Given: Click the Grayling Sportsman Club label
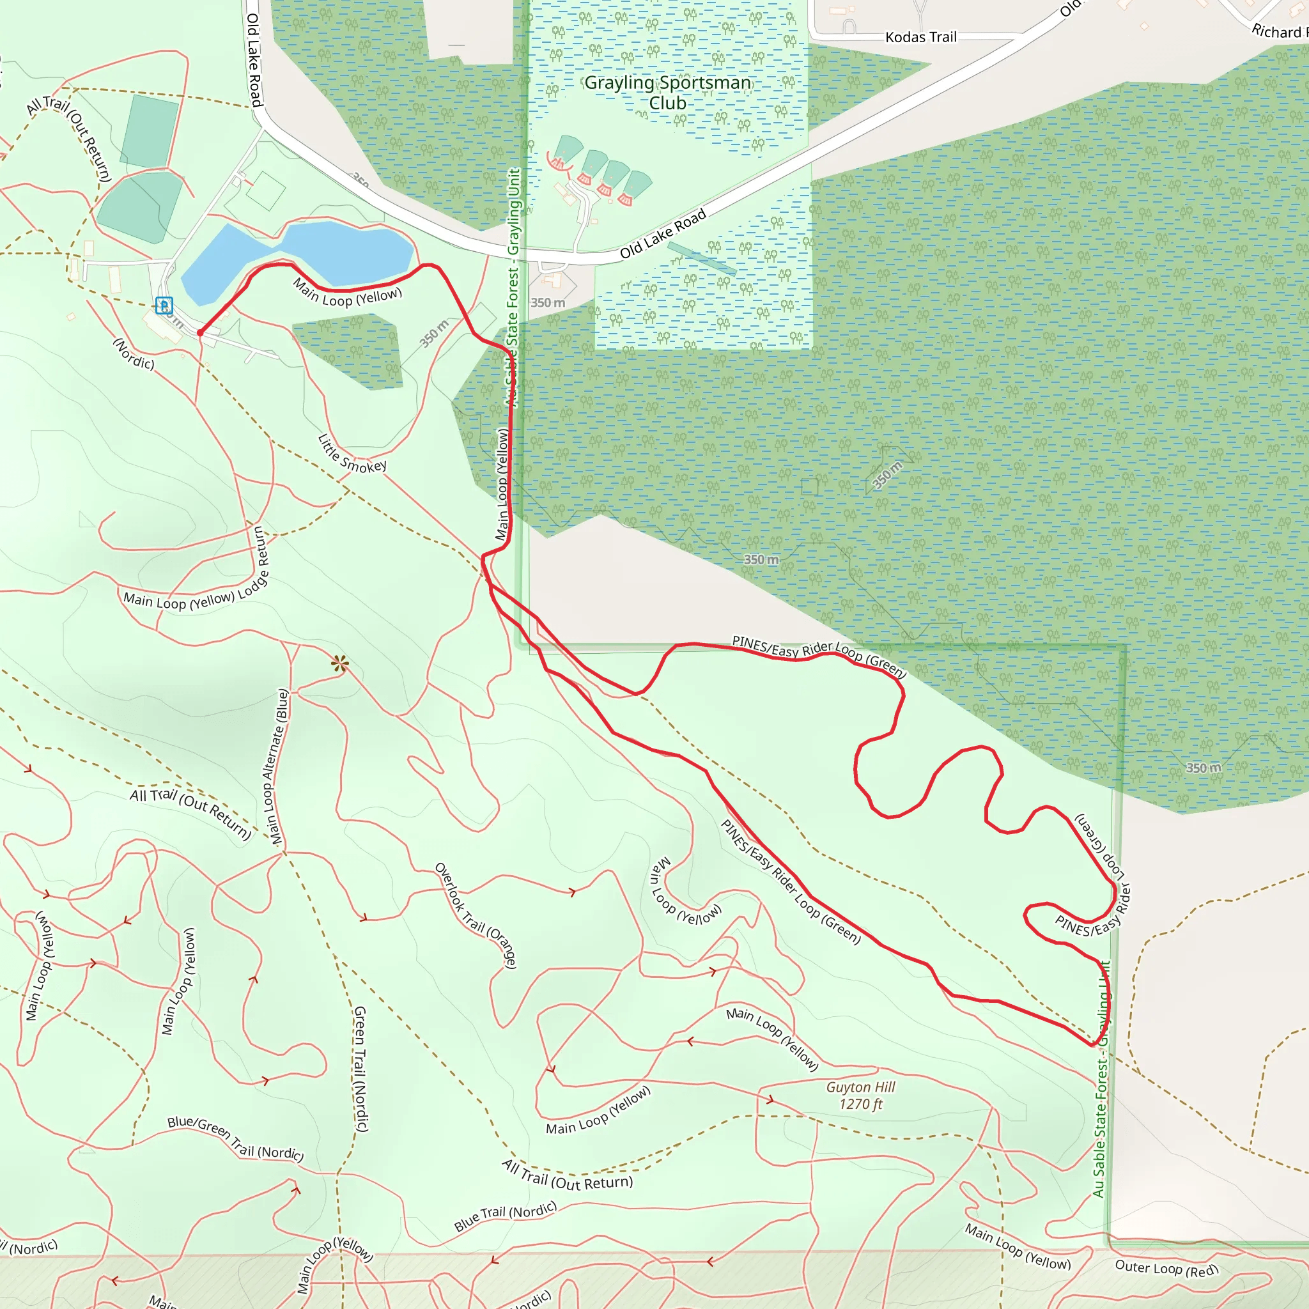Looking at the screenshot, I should point(667,93).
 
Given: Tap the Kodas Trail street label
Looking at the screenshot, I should point(921,37).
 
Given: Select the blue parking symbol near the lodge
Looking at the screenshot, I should point(164,306).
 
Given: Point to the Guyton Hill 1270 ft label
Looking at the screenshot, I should point(860,1096).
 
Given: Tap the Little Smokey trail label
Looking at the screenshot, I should point(352,454).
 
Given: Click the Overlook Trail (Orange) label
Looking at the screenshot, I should point(476,915).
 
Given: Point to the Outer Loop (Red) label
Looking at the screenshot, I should point(1166,1268).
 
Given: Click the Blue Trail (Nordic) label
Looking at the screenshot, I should point(506,1216).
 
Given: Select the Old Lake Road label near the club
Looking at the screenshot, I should point(663,234).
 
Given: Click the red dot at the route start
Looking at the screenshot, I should point(200,332).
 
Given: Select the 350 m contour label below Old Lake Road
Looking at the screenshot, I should point(548,303).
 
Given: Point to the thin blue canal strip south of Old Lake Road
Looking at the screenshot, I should point(701,258).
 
